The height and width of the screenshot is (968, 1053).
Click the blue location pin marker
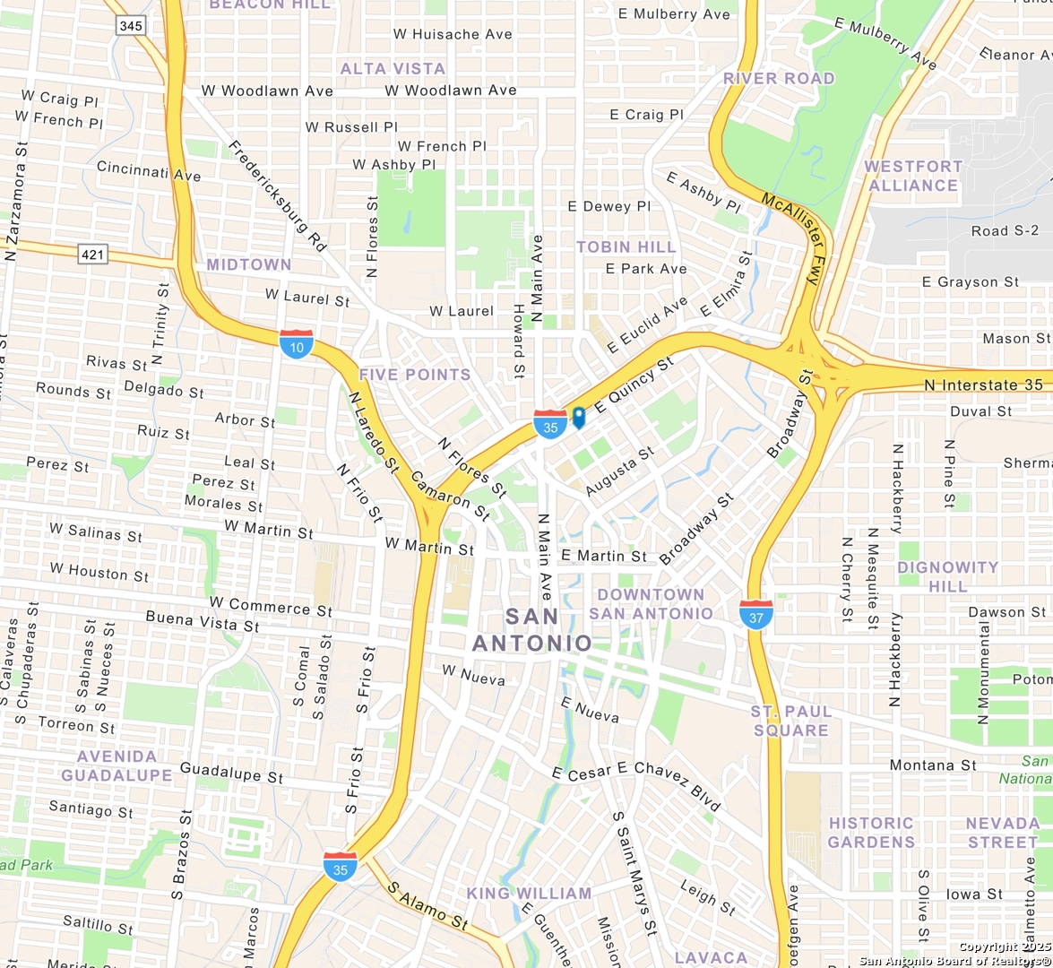point(579,417)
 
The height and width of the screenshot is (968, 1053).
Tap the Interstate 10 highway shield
point(297,344)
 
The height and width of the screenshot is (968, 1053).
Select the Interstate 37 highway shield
point(756,614)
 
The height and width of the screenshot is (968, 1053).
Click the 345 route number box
point(131,25)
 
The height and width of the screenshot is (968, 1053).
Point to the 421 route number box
point(92,255)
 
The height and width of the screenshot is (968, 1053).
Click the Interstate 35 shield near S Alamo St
point(341,867)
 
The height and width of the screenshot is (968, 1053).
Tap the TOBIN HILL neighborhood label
point(626,246)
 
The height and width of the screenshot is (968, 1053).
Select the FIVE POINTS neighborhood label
point(415,375)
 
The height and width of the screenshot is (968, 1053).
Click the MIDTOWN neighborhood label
point(249,264)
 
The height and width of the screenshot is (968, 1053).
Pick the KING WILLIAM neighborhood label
point(529,893)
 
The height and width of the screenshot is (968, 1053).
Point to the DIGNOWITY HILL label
point(948,576)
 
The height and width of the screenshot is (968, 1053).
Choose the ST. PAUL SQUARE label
point(791,721)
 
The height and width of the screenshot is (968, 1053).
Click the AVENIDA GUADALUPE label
point(117,765)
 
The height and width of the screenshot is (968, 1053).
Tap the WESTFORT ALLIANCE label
point(913,176)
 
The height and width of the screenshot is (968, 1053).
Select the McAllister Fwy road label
point(792,238)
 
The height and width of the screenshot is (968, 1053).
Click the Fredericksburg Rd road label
point(277,194)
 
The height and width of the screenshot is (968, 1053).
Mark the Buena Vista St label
point(203,621)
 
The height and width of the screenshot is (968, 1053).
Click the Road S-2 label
point(1005,231)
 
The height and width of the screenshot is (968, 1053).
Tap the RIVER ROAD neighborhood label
point(779,78)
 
